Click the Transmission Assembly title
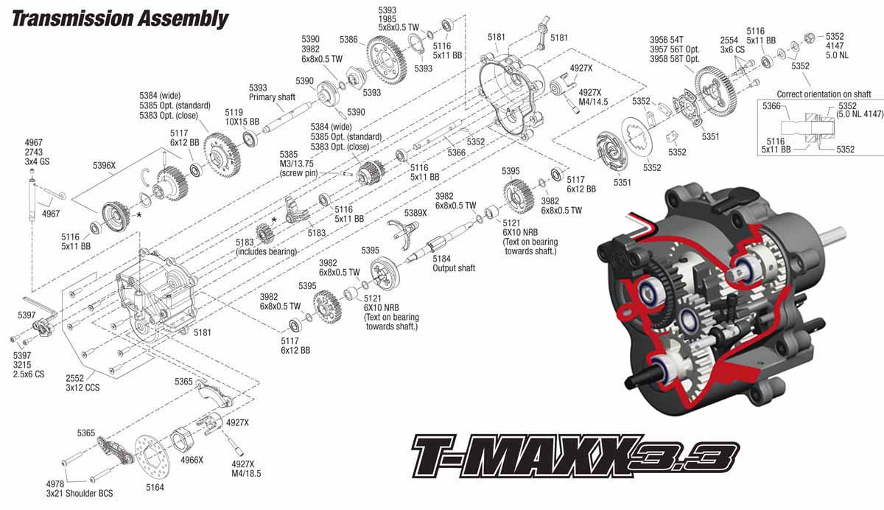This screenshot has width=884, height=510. click(x=119, y=18)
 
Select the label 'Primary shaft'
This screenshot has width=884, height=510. click(x=272, y=97)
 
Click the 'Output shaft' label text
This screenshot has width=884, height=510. click(x=454, y=268)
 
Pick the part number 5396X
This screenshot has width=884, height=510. click(x=105, y=166)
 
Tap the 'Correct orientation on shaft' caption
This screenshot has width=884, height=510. click(x=824, y=94)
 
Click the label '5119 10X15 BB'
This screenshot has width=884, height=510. click(x=242, y=116)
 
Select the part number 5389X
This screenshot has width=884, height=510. click(x=415, y=213)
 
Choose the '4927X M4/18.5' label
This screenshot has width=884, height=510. click(x=246, y=469)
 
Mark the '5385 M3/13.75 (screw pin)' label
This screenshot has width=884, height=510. click(x=300, y=164)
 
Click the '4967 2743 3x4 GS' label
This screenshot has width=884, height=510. click(x=34, y=151)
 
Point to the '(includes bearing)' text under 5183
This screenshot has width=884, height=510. click(x=265, y=252)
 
